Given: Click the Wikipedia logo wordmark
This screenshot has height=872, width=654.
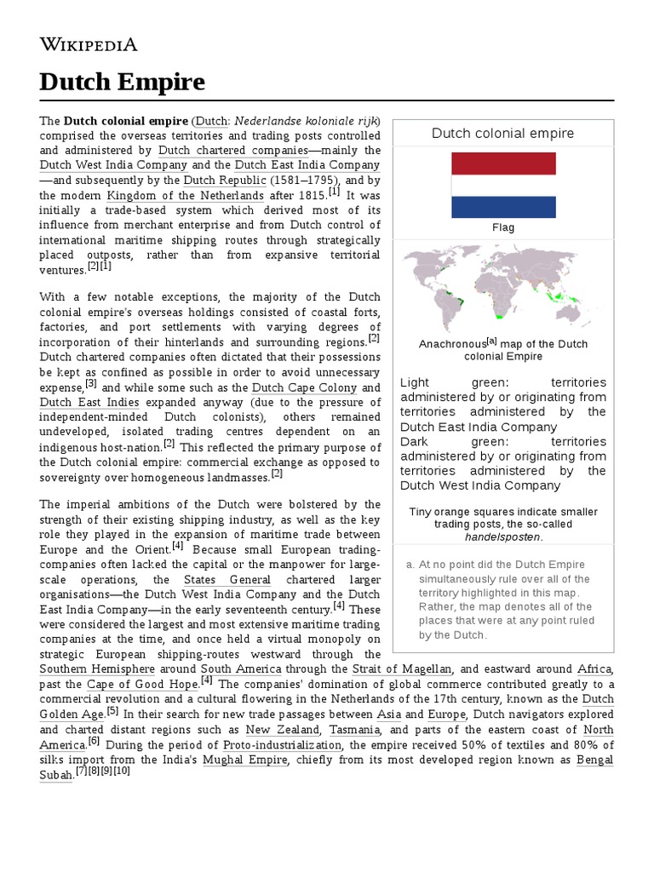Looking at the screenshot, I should pyautogui.click(x=89, y=44).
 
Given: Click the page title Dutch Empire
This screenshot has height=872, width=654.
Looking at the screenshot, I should pyautogui.click(x=123, y=82).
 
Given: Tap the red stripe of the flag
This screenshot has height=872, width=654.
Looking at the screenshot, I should pyautogui.click(x=503, y=163).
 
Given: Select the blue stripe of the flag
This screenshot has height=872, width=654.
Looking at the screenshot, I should pyautogui.click(x=503, y=207).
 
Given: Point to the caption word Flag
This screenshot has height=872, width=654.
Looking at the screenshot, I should pyautogui.click(x=503, y=228).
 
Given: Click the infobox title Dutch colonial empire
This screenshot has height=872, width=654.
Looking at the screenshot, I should pyautogui.click(x=502, y=133).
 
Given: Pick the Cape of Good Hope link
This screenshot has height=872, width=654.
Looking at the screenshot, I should pyautogui.click(x=140, y=685).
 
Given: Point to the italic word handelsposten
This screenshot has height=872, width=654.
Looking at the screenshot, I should pyautogui.click(x=502, y=537).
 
